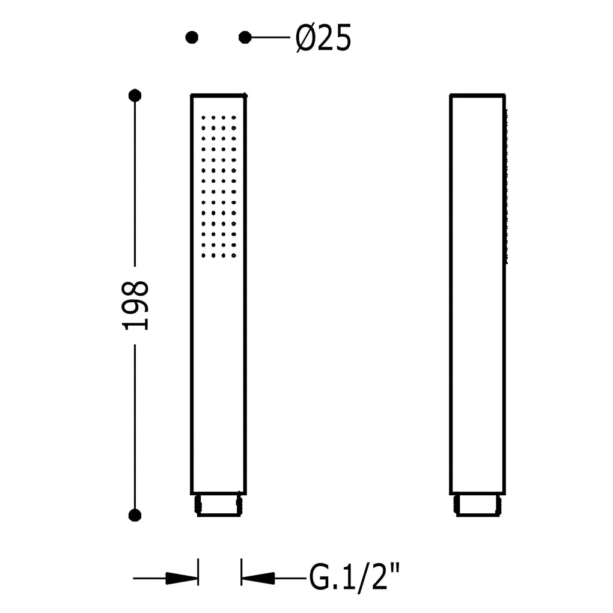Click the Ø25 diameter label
(323, 38)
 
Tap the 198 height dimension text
(136, 305)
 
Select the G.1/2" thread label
(355, 578)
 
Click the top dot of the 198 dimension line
(135, 96)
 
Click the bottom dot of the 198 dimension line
(135, 515)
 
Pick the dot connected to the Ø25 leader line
(245, 37)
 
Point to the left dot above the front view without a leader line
(192, 37)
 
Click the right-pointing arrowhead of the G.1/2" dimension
(181, 578)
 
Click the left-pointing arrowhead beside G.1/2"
(258, 578)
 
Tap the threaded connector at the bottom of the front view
(219, 505)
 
